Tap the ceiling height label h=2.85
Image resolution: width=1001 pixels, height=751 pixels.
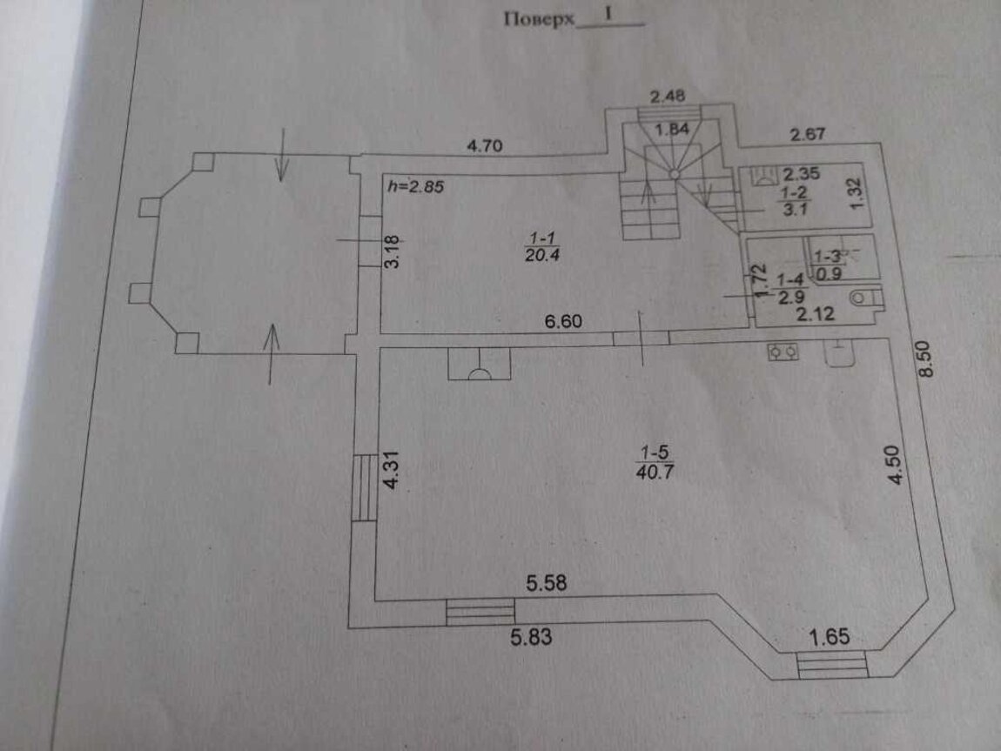[415, 186]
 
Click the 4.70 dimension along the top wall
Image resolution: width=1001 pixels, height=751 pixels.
[486, 146]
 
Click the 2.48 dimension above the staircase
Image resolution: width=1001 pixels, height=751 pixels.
[668, 97]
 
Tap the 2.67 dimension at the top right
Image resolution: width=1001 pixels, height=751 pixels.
[807, 134]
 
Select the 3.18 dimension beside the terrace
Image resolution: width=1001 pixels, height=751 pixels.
[392, 252]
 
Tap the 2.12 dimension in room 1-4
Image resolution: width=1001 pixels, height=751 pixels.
[816, 314]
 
